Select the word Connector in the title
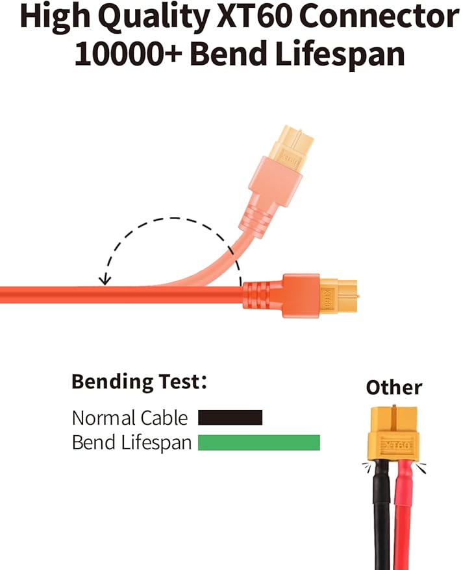(x=379, y=16)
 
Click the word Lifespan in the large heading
(x=340, y=54)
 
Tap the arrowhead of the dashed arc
(x=105, y=279)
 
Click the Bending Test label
(x=139, y=382)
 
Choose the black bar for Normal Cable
(x=230, y=418)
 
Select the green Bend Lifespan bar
(x=258, y=442)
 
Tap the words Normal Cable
(x=130, y=418)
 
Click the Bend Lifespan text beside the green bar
(x=132, y=443)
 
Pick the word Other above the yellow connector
(x=394, y=388)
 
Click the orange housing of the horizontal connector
(x=301, y=296)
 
